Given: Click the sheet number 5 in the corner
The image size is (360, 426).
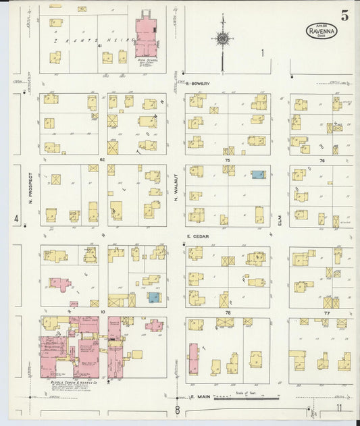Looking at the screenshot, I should pos(344,16).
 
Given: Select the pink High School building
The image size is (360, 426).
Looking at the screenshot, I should pos(145,37).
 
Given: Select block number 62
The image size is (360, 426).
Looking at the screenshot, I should pos(103,160).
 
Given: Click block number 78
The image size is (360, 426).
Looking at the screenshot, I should pos(228,313).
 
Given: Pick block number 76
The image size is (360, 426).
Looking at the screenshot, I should pos(322,161).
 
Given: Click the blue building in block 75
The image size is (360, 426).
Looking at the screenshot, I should pos(258,174).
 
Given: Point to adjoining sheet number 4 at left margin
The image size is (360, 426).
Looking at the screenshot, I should pos(16,218).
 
